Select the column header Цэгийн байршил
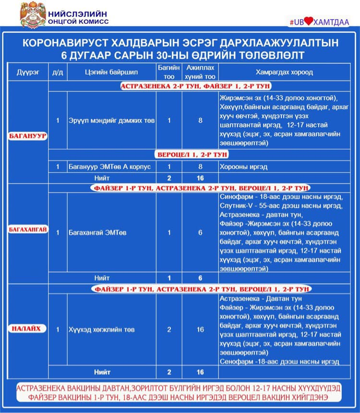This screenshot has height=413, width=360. point(111,72)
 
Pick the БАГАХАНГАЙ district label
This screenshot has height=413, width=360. point(28,229)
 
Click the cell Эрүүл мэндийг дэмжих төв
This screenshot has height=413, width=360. point(111,120)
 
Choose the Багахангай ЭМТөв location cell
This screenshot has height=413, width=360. point(91,233)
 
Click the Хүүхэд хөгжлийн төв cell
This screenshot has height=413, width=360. point(101,330)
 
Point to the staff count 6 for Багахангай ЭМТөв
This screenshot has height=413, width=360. point(200,233)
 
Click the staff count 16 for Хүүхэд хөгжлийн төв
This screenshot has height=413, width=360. point(200,330)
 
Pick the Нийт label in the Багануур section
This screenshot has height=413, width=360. point(102,178)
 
